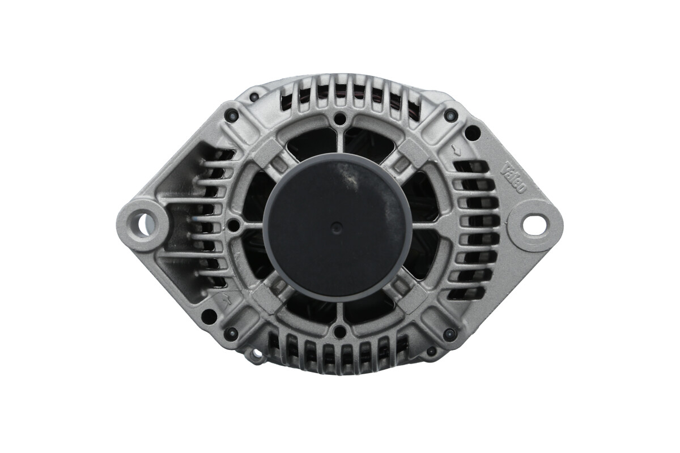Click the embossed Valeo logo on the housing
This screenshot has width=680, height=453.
(x=513, y=177)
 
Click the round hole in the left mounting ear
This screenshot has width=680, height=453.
(x=146, y=223)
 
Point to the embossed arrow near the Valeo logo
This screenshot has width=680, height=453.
(x=456, y=149)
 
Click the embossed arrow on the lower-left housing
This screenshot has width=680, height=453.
(x=227, y=300)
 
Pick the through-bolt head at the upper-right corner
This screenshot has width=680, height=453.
(x=450, y=115)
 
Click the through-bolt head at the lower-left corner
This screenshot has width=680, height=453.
(x=232, y=334)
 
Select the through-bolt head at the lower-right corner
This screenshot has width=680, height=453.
(x=449, y=334)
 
